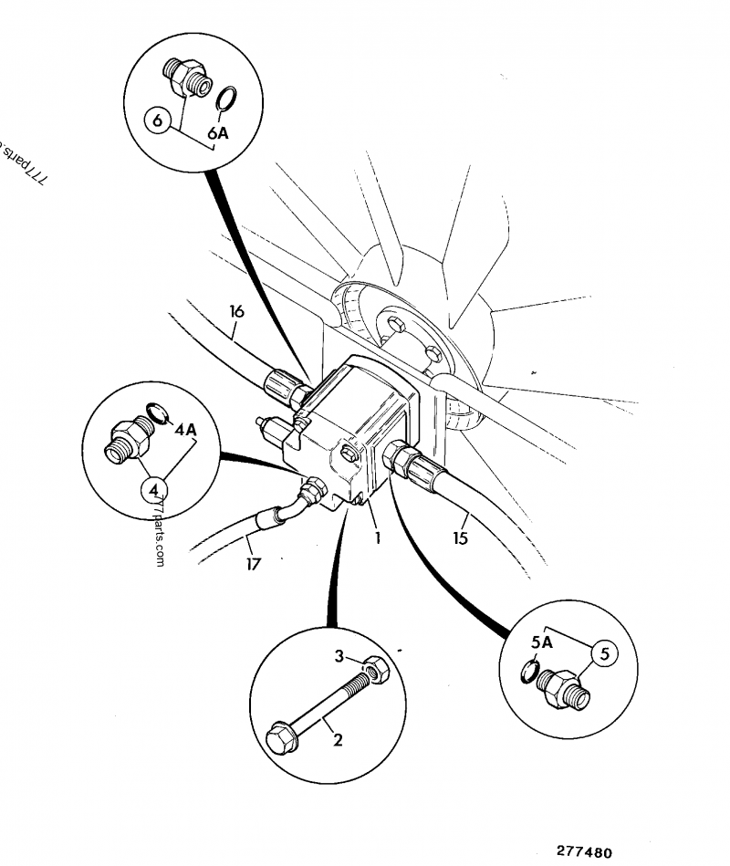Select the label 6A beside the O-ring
pos(218,133)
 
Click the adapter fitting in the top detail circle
pos(185,77)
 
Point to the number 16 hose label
pos(236,312)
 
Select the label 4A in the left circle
pos(185,429)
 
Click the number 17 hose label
pos(253,565)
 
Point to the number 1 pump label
pos(376,537)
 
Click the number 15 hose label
pos(460,538)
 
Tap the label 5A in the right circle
pos(542,642)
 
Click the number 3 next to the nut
pos(338,656)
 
